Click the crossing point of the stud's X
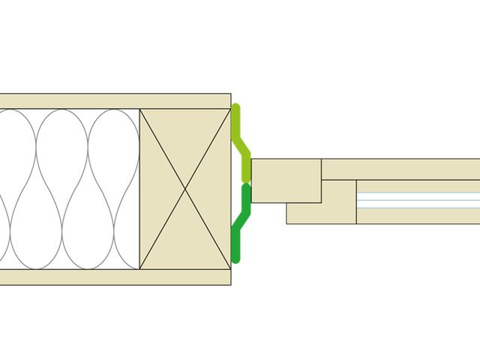click(x=185, y=190)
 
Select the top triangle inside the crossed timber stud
click(x=185, y=142)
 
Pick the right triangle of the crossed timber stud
click(x=214, y=190)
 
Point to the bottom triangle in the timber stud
click(x=185, y=240)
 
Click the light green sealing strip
click(x=242, y=146)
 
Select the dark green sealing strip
click(x=242, y=225)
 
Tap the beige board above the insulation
click(x=112, y=101)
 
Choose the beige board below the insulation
click(x=112, y=277)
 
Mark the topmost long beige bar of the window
click(x=401, y=169)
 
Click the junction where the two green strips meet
click(x=245, y=184)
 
